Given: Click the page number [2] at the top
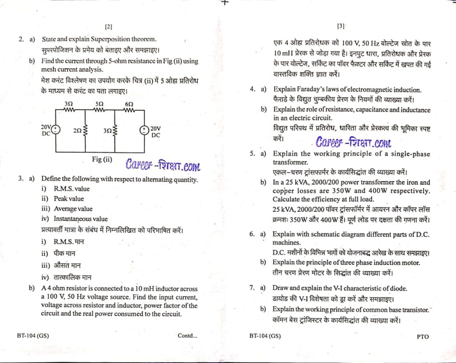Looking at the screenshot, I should tap(109, 27).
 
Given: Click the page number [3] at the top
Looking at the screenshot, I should tap(342, 26).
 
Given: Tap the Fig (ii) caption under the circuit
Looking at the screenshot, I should tap(102, 160).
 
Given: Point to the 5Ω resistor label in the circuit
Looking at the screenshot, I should tap(100, 103).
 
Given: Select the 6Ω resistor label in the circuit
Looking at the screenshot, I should tap(129, 103).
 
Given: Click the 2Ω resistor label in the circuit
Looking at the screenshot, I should tap(78, 131).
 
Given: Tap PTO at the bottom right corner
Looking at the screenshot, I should tap(423, 336).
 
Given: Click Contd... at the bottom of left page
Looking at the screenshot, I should tap(187, 336).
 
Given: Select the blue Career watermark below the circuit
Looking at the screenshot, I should tap(163, 166).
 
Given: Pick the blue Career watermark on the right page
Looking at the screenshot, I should tap(354, 142).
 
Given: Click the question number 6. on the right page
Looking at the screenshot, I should tap(252, 234).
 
